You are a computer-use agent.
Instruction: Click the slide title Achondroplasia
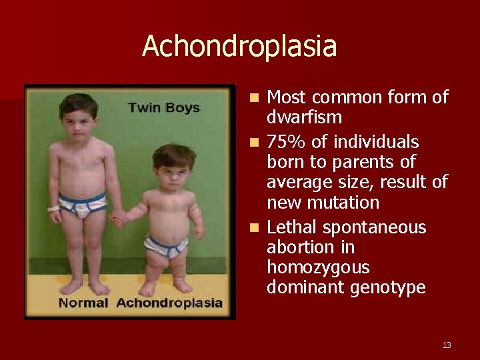point(239,47)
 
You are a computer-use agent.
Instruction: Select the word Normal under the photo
point(83,303)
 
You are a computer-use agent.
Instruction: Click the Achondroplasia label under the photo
point(169,303)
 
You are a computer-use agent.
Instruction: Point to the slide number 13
point(447,345)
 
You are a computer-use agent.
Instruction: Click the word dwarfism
point(304,118)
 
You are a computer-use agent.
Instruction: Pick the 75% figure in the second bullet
point(285,142)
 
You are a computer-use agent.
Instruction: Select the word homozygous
point(317,267)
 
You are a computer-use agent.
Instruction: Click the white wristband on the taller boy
point(53,209)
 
